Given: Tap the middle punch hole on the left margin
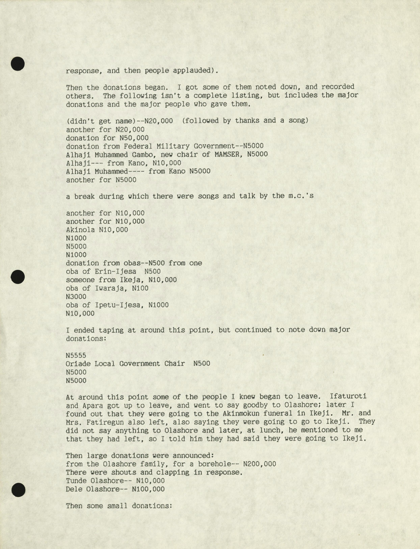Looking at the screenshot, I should (18, 277).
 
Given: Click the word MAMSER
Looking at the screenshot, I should (229, 154).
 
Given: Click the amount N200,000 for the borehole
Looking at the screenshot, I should (260, 464).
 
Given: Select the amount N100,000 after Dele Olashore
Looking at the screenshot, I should (148, 489).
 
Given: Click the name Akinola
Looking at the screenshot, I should (80, 230).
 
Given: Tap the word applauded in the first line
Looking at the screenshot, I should (190, 71).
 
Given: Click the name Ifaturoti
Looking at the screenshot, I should (348, 397).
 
